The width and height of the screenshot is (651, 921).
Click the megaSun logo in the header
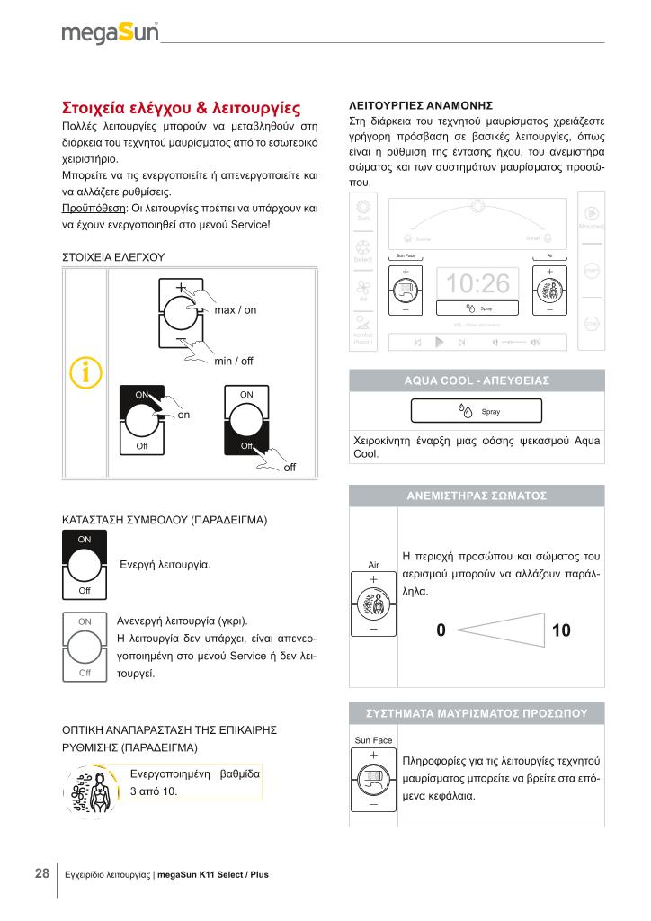(x=110, y=33)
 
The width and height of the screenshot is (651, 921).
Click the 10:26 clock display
(x=478, y=283)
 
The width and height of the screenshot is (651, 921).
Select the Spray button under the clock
(x=477, y=308)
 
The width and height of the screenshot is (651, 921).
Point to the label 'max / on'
(x=236, y=310)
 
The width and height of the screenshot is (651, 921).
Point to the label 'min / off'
(x=234, y=362)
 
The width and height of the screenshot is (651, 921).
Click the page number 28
(x=42, y=873)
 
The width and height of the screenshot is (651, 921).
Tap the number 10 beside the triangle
(x=561, y=631)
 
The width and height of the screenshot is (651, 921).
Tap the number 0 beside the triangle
(x=441, y=631)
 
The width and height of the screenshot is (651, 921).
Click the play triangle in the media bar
(x=439, y=343)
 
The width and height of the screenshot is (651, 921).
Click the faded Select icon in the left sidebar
(x=363, y=251)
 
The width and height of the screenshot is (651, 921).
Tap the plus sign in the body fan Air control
(x=373, y=578)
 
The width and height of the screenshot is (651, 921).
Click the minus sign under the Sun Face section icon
(x=373, y=804)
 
